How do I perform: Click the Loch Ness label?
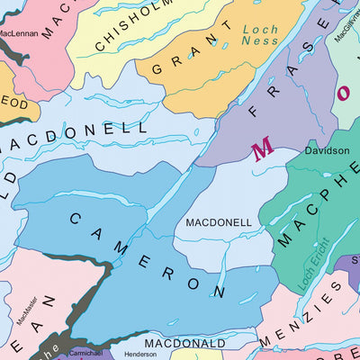[x=260, y=35]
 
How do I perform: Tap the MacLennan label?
[x=18, y=33]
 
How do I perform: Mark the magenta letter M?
[x=262, y=150]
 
